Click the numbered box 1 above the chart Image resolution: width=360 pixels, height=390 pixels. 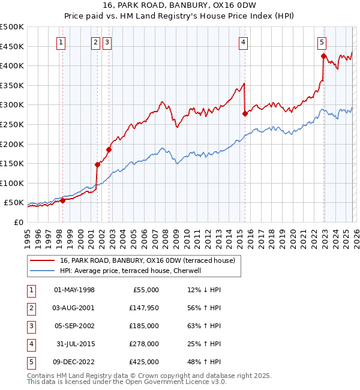point(62,42)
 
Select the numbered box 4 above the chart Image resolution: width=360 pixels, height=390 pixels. point(243,42)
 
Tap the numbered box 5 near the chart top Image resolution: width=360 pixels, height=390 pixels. point(322,42)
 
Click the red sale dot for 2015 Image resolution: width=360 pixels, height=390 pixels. point(245,113)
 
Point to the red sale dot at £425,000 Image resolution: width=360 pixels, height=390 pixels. point(323,56)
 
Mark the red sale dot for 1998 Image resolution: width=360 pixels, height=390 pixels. point(62,200)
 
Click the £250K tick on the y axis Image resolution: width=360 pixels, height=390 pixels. point(12,124)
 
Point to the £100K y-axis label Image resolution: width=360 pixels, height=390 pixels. point(12,183)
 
